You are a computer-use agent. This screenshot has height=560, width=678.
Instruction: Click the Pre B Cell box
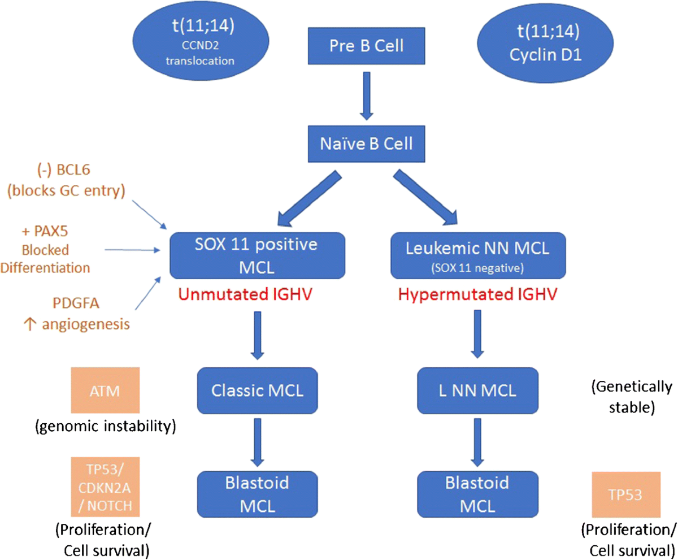pos(366,46)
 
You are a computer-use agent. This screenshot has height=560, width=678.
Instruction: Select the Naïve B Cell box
pos(366,144)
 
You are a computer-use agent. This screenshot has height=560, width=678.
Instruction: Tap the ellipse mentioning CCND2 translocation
pos(201,42)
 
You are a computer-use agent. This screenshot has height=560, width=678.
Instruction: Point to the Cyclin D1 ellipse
pos(545,44)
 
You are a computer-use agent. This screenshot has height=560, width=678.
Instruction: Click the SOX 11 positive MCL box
pos(257,255)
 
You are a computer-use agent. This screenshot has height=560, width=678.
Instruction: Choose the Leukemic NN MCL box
pos(478,255)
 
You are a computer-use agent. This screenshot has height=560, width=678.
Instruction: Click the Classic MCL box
pos(257,390)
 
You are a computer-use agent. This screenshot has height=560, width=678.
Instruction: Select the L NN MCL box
pos(477,390)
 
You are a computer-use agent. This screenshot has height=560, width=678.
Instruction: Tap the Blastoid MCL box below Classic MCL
pos(257,494)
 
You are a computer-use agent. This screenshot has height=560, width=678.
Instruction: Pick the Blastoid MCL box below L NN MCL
pos(477,494)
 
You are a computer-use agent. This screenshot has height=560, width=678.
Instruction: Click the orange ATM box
pos(105,390)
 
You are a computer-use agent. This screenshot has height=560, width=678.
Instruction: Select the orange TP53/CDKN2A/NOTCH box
pos(105,487)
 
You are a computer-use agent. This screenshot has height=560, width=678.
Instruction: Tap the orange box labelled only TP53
pos(626,494)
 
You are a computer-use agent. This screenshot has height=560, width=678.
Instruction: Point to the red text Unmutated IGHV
pos(245,294)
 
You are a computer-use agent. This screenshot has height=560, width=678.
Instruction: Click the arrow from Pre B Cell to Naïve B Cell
pos(367,96)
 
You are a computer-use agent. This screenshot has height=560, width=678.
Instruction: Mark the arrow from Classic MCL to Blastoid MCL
pos(258,442)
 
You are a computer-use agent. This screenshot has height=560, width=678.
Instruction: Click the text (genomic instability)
pos(106,426)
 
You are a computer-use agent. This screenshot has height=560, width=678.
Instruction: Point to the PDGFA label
pos(76,303)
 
